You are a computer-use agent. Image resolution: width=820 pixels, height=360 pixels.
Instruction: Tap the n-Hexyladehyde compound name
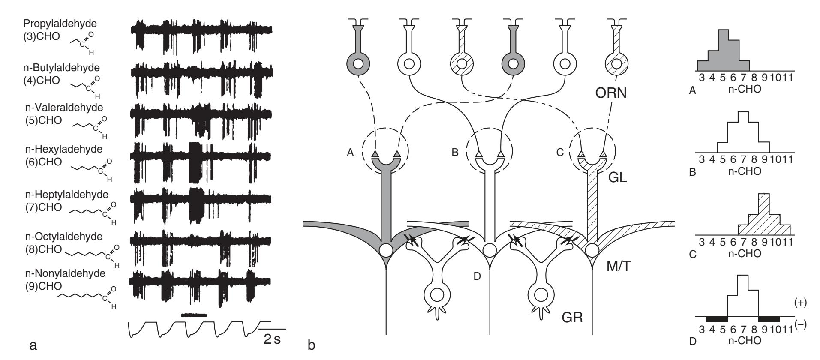[x=63, y=150]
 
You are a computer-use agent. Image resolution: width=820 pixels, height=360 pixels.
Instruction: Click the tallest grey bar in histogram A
[x=723, y=50]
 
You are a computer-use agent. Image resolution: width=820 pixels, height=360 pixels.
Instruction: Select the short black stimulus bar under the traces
[x=194, y=315]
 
